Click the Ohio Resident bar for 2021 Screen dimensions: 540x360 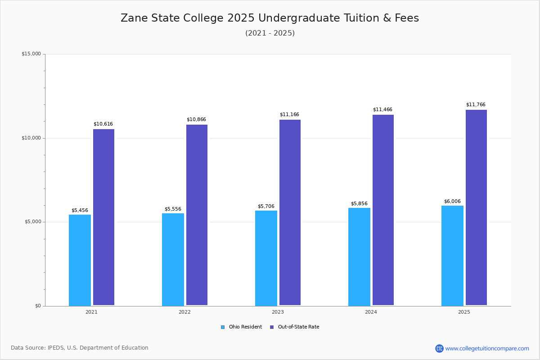click(80, 260)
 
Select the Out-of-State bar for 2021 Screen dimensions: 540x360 click(103, 217)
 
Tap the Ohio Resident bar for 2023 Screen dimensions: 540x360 click(266, 258)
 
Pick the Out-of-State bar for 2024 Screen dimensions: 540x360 click(383, 210)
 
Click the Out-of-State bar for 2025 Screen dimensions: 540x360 click(476, 207)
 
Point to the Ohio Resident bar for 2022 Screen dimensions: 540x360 click(173, 260)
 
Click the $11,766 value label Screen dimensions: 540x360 click(476, 105)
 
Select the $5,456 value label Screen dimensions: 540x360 click(80, 210)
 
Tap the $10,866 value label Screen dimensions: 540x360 click(196, 119)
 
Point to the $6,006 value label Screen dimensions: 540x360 click(452, 201)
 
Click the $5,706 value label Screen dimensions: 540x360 click(266, 207)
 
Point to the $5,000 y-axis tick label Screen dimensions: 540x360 click(33, 222)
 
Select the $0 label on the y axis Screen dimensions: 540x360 click(38, 306)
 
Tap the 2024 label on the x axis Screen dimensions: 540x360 click(371, 312)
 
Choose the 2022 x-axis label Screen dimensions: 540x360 click(184, 312)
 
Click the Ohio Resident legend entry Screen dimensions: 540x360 click(241, 327)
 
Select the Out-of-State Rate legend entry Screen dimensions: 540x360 click(295, 327)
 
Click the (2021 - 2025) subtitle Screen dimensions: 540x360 click(270, 33)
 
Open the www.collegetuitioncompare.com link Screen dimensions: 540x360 click(487, 348)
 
